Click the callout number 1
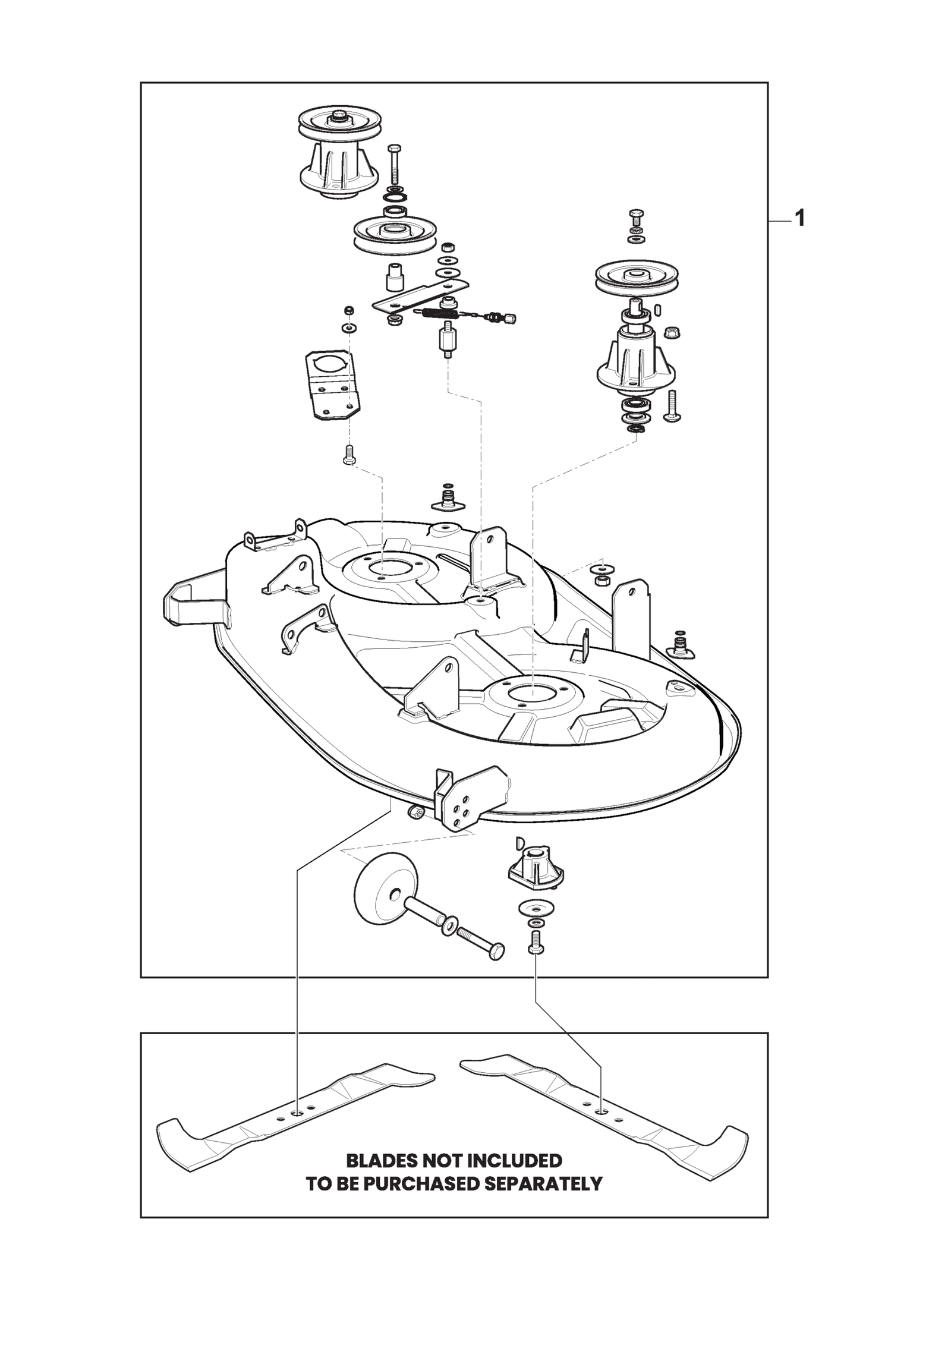[x=799, y=219]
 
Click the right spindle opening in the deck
[x=533, y=691]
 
